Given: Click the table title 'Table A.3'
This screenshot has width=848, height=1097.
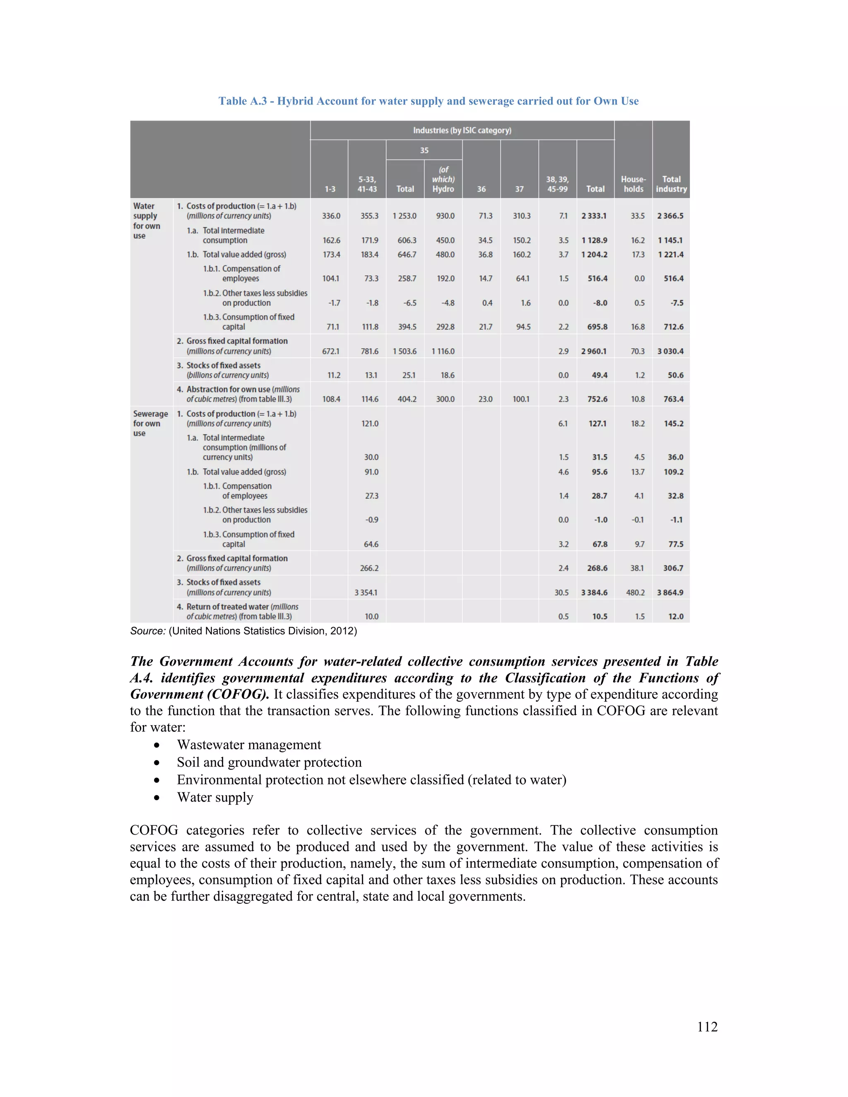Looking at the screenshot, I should (428, 101).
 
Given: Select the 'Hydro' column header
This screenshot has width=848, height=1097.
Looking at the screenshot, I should (443, 180).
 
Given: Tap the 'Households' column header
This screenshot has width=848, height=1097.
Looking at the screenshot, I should (633, 184).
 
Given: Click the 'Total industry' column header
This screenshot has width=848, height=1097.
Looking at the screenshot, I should (671, 184).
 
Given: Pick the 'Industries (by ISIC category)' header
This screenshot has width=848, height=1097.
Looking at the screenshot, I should (462, 130).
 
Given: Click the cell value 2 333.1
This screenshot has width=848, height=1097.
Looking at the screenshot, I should (594, 216).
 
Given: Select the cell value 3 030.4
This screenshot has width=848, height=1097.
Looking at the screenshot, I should (670, 351).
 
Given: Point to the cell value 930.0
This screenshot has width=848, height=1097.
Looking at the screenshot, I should (445, 216).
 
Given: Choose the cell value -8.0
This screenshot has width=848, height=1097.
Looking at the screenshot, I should (600, 303).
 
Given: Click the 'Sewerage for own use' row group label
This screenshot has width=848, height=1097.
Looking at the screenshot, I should (150, 423).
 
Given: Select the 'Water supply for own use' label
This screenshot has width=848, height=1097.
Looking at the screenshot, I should (146, 221).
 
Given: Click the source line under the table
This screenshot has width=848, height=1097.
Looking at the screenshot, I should (243, 631).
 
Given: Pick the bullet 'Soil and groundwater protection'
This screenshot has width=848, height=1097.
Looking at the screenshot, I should (269, 762).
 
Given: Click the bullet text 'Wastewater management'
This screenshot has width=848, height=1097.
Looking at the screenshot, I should (249, 744).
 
